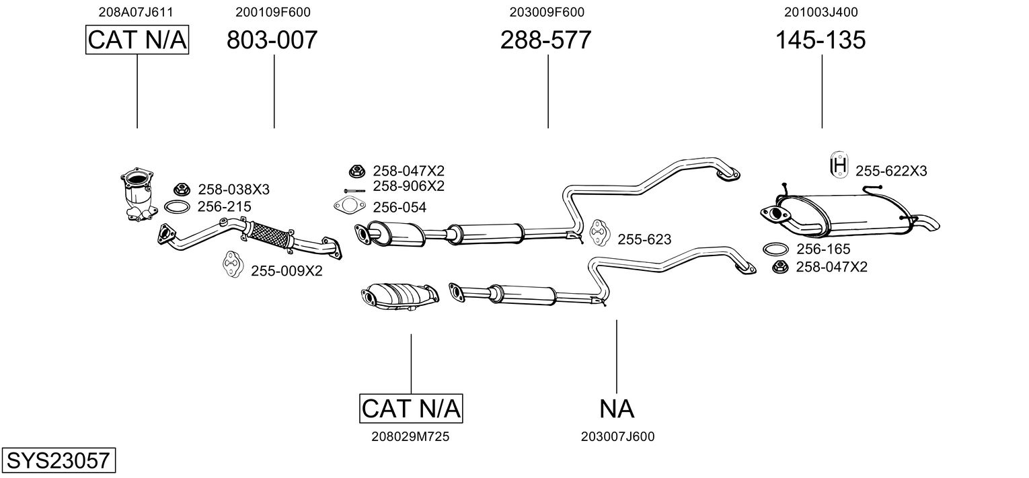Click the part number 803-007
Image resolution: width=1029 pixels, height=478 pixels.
coord(272,40)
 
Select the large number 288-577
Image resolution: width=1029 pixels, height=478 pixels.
coord(545,40)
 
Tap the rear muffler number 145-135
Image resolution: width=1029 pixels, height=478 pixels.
coord(821,40)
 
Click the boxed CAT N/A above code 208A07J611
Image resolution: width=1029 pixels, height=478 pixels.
coord(137,40)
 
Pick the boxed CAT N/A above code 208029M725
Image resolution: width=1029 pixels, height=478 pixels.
coord(411,408)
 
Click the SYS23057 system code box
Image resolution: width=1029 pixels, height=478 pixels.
coord(58,461)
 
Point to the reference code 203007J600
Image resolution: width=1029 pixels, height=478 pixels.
coord(617,436)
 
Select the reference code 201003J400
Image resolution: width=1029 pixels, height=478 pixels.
coord(821,11)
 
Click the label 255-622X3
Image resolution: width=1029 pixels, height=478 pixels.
coord(891,171)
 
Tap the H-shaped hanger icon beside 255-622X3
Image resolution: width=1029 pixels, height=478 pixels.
coord(839,164)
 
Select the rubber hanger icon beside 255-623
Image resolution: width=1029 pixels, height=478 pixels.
coord(597,233)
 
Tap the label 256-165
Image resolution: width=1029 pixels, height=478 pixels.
coord(823,249)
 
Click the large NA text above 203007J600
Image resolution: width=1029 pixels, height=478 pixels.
coord(617,408)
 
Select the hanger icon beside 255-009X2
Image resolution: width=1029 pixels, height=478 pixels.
coord(232,265)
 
